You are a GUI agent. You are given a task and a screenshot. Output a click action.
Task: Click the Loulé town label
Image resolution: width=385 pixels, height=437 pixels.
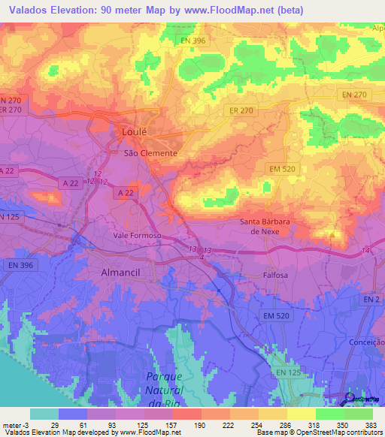coord(134,131)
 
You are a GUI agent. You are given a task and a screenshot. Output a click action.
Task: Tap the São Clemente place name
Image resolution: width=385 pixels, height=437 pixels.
coord(150,152)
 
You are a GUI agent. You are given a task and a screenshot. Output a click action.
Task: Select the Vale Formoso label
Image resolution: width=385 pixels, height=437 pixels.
coord(138,235)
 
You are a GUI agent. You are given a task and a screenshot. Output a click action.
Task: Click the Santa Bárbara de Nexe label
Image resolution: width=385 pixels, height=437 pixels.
coord(270,227)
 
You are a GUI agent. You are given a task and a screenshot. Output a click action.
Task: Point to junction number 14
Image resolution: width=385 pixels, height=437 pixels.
coord(365,249)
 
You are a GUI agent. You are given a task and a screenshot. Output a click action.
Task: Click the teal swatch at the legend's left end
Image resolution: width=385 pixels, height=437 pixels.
coord(44,414)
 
